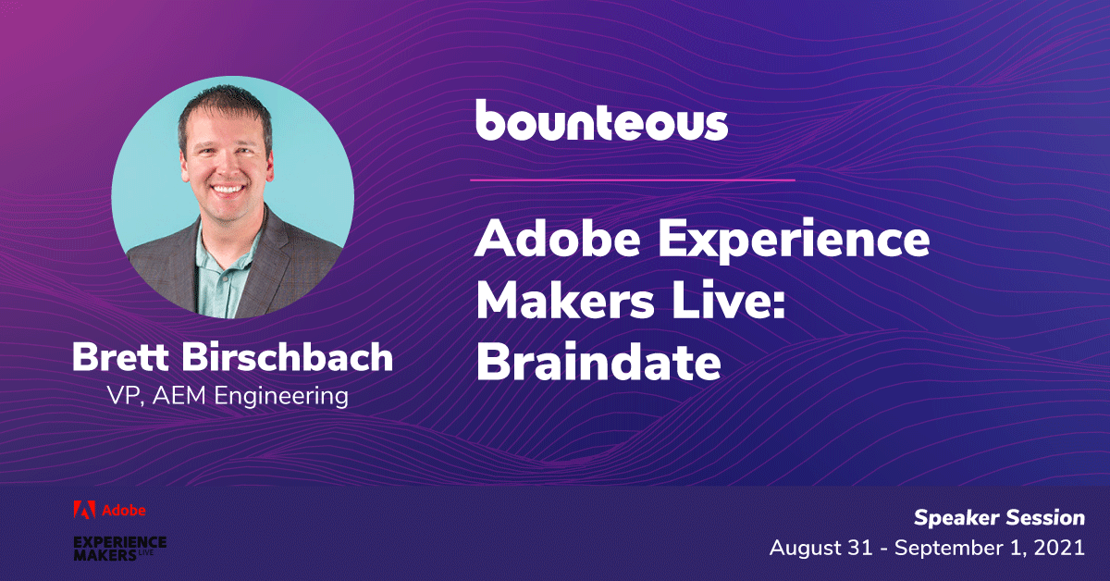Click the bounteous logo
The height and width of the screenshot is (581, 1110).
(601, 120)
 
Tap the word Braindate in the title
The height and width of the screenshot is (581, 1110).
(598, 363)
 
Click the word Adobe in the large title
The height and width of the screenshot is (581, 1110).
(557, 239)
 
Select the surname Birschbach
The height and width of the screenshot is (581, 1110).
(288, 357)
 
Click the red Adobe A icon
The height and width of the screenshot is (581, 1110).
(84, 510)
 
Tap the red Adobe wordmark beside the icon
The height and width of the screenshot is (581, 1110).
(124, 511)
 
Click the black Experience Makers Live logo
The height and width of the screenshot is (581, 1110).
(120, 549)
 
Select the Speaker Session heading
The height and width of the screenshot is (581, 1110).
(1000, 518)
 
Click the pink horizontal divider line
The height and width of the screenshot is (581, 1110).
(633, 180)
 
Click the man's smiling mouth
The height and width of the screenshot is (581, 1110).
(228, 190)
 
